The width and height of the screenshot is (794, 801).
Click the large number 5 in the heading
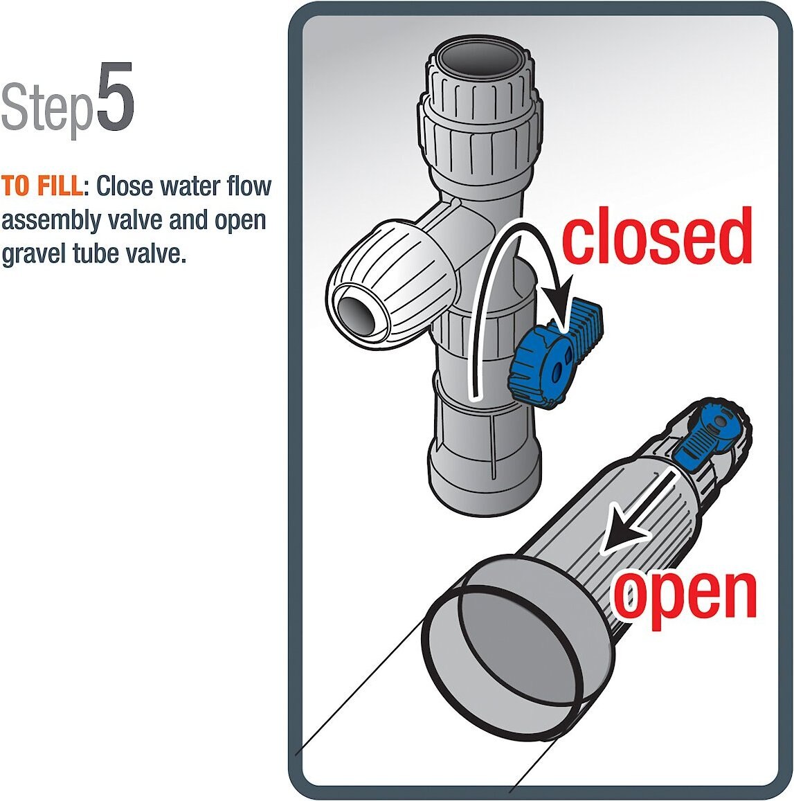pos(115,98)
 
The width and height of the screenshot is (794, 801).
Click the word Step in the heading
pos(46,107)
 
